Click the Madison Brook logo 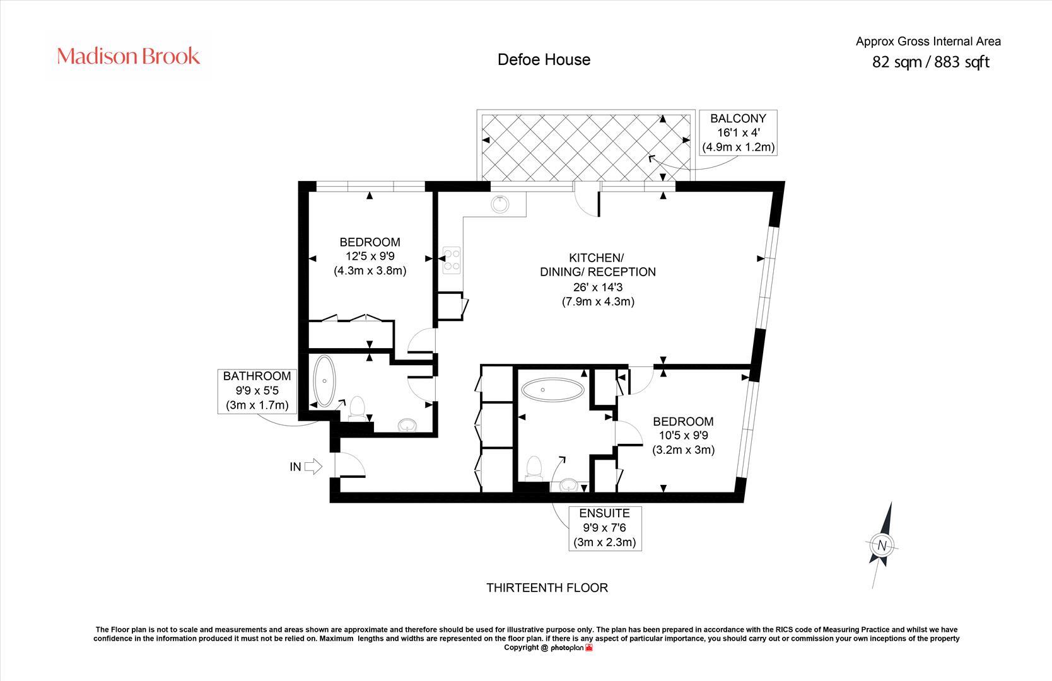tap(128, 56)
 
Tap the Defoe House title tap(544, 60)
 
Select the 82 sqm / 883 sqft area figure tap(930, 62)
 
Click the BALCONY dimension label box tap(738, 133)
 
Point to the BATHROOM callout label tap(257, 391)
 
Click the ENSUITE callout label tap(604, 528)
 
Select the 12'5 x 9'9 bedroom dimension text tap(370, 257)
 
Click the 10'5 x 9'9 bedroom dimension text tap(683, 435)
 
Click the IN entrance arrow tap(313, 467)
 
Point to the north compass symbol tap(882, 545)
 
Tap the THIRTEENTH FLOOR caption tap(547, 588)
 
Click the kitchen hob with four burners tap(452, 260)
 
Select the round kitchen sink tap(500, 204)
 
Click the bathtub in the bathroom tap(325, 381)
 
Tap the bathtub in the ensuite tap(552, 390)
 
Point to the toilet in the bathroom tap(358, 409)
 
